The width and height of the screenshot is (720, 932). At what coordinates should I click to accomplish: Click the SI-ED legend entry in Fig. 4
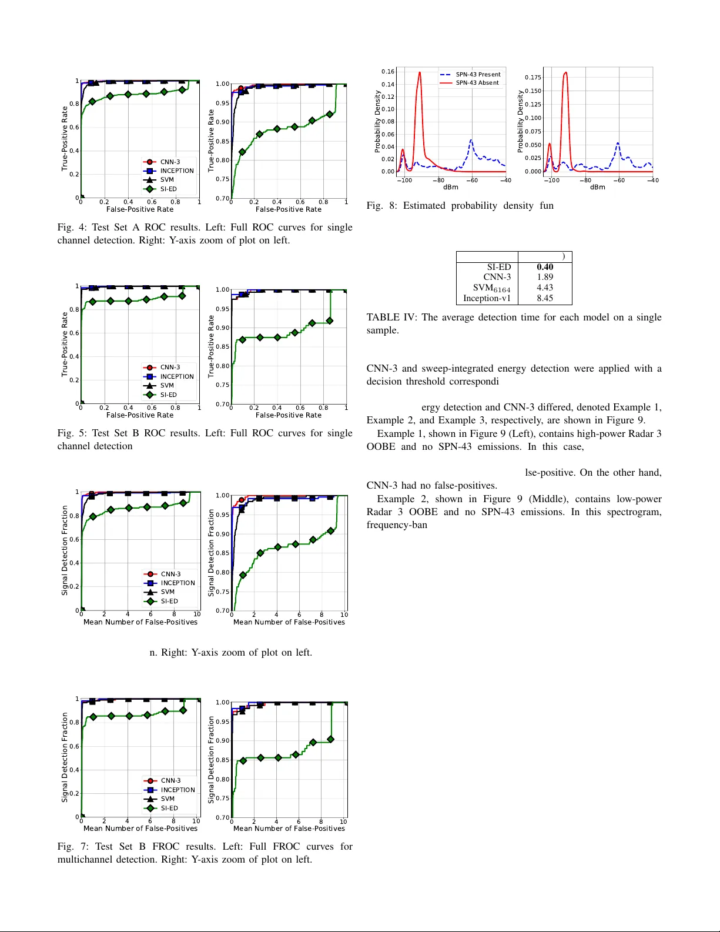168,189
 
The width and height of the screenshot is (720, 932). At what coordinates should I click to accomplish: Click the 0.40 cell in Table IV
544,267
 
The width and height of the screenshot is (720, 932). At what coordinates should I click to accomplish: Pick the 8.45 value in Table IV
544,298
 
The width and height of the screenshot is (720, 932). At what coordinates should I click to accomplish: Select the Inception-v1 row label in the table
487,298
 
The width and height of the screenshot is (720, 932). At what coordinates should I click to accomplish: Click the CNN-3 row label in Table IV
497,277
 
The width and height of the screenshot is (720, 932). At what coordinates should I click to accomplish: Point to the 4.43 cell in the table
544,288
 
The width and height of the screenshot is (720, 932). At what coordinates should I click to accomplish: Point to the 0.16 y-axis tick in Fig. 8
388,72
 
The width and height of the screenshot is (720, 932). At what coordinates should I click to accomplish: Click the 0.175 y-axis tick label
533,78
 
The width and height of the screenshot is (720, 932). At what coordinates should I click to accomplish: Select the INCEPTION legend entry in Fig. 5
176,377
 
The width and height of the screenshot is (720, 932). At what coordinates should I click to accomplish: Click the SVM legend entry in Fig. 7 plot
168,799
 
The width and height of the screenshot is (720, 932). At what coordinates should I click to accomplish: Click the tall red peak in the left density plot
420,74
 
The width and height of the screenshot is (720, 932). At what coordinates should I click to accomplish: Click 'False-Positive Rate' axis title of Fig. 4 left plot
140,209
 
